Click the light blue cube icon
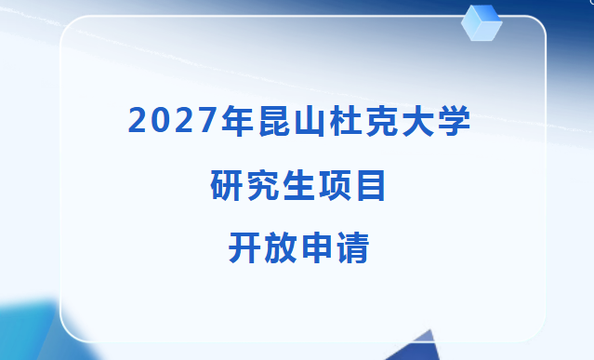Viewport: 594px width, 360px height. pyautogui.click(x=482, y=22)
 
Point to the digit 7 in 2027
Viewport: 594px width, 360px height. pyautogui.click(x=207, y=120)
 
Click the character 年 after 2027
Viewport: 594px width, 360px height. pyautogui.click(x=238, y=120)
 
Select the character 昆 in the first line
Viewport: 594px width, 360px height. pyautogui.click(x=274, y=120)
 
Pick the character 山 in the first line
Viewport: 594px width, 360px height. pyautogui.click(x=310, y=121)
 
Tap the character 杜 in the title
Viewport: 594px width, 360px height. pyautogui.click(x=345, y=120)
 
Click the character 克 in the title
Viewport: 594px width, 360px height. pyautogui.click(x=381, y=120)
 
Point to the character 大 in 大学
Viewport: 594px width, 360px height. pyautogui.click(x=417, y=120)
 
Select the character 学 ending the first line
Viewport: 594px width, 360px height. pyautogui.click(x=454, y=120)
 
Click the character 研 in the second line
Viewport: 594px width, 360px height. pyautogui.click(x=226, y=185)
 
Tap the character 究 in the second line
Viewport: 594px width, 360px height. pyautogui.click(x=262, y=185)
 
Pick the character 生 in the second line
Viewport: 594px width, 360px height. pyautogui.click(x=298, y=185)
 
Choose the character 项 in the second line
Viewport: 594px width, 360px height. pyautogui.click(x=335, y=185)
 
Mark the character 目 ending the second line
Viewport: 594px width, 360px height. pyautogui.click(x=371, y=185)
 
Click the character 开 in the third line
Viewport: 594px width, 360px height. pyautogui.click(x=244, y=248)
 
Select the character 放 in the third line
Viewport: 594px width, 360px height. pyautogui.click(x=281, y=248)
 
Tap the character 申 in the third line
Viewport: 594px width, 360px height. pyautogui.click(x=317, y=248)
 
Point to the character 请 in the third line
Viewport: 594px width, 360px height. pyautogui.click(x=352, y=248)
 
